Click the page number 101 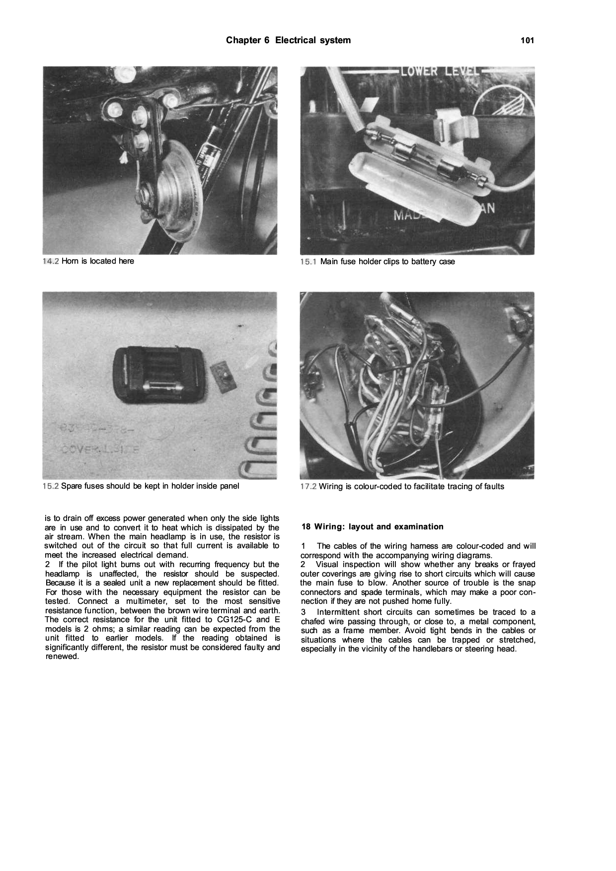click(527, 41)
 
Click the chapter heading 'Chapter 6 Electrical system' click(288, 40)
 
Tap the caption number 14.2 click(51, 261)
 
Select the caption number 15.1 click(308, 262)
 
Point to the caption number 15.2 click(51, 486)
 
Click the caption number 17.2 click(308, 487)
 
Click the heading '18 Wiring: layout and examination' click(372, 527)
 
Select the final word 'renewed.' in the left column click(62, 656)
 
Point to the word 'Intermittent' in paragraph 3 click(340, 612)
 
